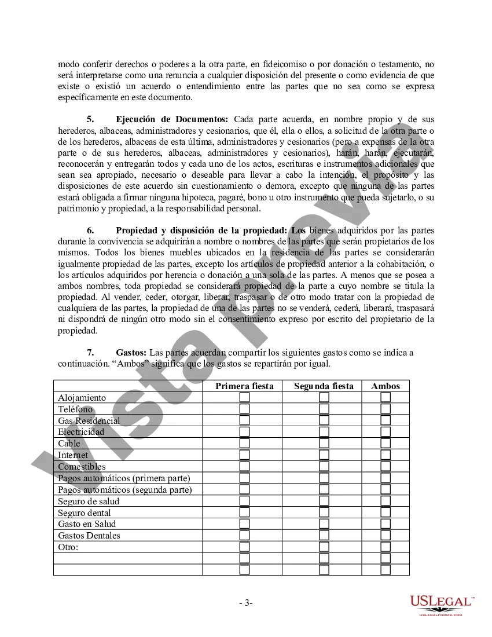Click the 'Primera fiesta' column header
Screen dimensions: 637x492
(x=244, y=386)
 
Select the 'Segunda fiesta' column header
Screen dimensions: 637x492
(x=324, y=386)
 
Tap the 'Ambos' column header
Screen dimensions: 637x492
(x=385, y=386)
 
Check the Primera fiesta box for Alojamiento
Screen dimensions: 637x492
(x=245, y=397)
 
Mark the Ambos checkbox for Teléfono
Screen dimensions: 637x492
(x=385, y=409)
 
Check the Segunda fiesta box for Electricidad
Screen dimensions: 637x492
(x=324, y=432)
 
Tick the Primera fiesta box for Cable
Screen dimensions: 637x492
(x=245, y=444)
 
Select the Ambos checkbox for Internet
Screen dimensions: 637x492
(x=385, y=455)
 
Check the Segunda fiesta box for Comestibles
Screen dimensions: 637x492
(x=324, y=466)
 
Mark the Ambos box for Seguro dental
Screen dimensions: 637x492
(x=385, y=512)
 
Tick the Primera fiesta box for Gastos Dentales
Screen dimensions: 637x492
(x=245, y=535)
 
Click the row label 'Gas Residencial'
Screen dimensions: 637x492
(x=89, y=421)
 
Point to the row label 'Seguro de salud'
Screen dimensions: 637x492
(x=89, y=501)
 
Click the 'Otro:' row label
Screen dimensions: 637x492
(x=68, y=547)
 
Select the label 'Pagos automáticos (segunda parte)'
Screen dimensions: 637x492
(x=125, y=490)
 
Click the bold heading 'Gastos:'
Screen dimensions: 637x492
(x=131, y=353)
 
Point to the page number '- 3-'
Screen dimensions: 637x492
(x=246, y=603)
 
